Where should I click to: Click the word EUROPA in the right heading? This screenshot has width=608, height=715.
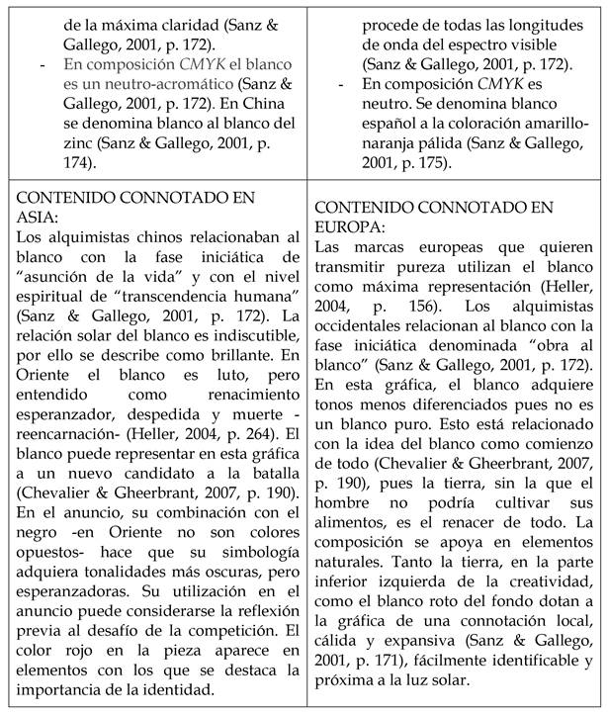point(353,224)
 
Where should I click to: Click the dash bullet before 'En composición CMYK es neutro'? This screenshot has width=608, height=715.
point(341,87)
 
